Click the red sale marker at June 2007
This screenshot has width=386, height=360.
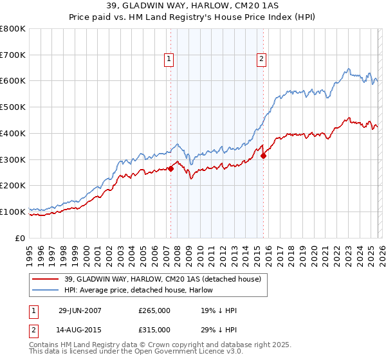[171, 168]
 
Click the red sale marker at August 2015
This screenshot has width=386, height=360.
[263, 156]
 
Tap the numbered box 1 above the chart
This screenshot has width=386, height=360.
[169, 59]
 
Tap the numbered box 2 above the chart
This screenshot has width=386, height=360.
[262, 59]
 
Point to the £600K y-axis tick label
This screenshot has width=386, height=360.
[13, 81]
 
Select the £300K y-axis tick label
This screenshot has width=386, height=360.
[13, 159]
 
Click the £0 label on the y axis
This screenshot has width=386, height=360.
[21, 238]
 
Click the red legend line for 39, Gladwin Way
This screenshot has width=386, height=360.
[46, 279]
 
